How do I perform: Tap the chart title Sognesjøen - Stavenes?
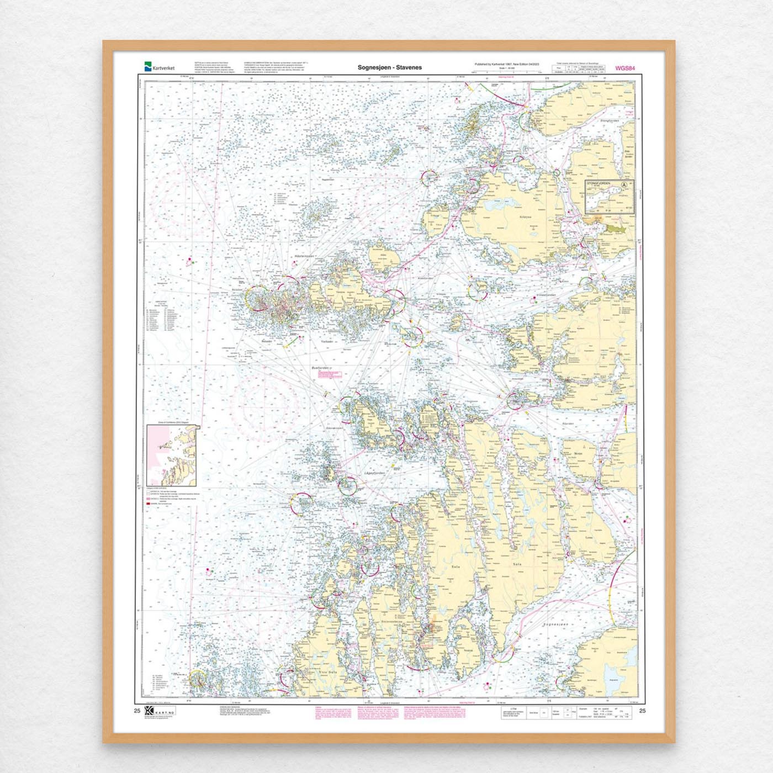click(389, 67)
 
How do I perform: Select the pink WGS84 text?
click(625, 68)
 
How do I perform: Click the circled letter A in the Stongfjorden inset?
click(624, 186)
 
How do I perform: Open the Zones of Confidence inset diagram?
click(172, 455)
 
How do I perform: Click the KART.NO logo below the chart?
click(159, 711)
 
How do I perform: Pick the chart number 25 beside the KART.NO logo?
click(137, 711)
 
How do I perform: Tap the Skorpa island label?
click(578, 453)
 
